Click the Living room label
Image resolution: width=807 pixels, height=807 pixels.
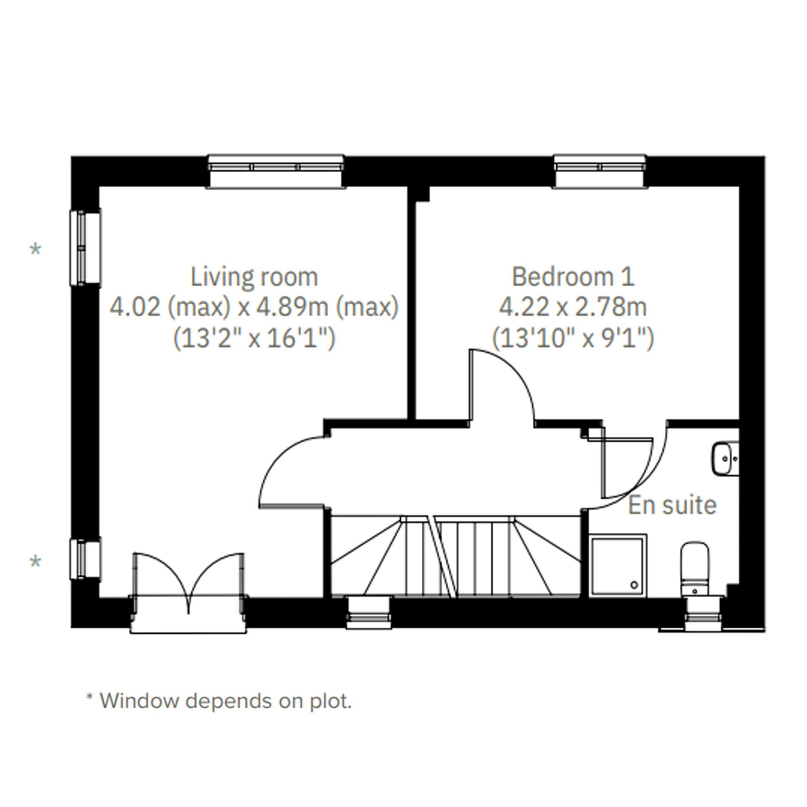pyautogui.click(x=254, y=277)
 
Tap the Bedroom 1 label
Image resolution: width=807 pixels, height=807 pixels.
pyautogui.click(x=573, y=277)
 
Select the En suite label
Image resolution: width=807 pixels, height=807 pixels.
pyautogui.click(x=673, y=505)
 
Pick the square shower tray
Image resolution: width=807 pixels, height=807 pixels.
pyautogui.click(x=618, y=566)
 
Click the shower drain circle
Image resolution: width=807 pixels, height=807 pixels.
pyautogui.click(x=635, y=585)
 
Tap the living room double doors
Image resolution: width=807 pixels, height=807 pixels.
pyautogui.click(x=188, y=585)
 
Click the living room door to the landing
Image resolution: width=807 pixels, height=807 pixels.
pyautogui.click(x=293, y=472)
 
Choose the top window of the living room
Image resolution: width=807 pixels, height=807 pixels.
pyautogui.click(x=276, y=171)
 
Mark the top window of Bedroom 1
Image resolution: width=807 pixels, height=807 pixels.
pyautogui.click(x=600, y=171)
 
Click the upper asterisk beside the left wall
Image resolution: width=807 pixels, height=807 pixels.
pyautogui.click(x=35, y=249)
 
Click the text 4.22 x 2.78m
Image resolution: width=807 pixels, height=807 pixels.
pyautogui.click(x=573, y=307)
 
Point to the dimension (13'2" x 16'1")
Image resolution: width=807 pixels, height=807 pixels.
pyautogui.click(x=254, y=338)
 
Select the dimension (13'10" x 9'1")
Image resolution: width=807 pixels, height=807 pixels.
pyautogui.click(x=573, y=338)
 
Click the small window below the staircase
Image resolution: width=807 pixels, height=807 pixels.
pyautogui.click(x=369, y=612)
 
